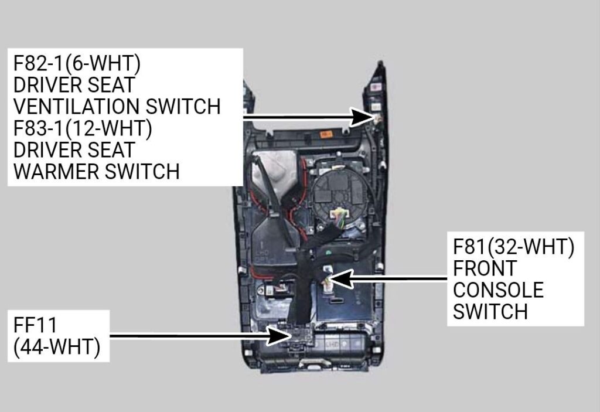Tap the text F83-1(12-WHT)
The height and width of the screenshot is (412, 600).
[83, 128]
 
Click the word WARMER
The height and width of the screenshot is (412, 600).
[56, 171]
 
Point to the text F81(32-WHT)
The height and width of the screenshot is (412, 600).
[514, 247]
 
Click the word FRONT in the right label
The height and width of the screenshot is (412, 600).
[485, 268]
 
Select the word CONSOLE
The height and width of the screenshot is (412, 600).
[498, 290]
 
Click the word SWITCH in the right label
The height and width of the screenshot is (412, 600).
[490, 311]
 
